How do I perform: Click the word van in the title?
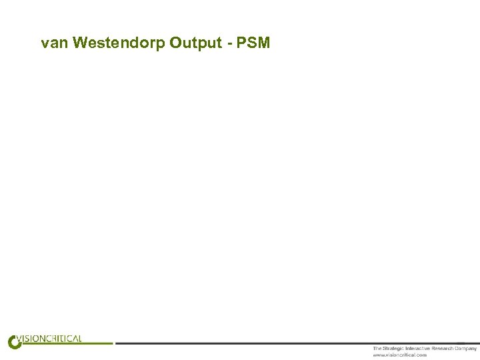click(54, 43)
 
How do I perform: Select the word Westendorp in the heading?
click(119, 43)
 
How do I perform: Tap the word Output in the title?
click(195, 43)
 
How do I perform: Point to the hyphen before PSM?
click(229, 44)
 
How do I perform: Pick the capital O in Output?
click(175, 43)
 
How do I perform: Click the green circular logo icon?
click(14, 341)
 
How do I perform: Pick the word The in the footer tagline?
click(377, 349)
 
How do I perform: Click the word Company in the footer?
click(466, 349)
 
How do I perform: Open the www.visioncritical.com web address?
click(400, 355)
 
